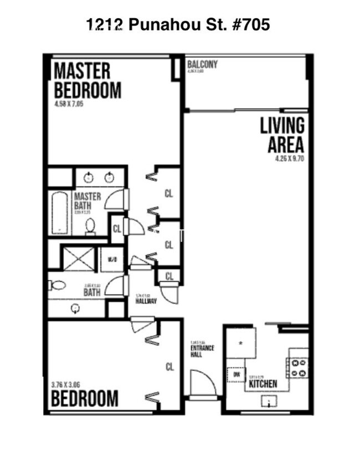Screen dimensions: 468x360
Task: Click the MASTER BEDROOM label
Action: point(87,80)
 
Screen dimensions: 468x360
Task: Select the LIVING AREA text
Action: point(282,135)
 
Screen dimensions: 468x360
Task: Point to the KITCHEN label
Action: point(263,383)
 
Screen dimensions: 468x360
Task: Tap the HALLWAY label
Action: point(146,301)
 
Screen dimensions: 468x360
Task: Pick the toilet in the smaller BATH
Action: point(57,285)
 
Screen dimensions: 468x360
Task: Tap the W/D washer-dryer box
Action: point(112,259)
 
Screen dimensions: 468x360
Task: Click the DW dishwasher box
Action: point(236,374)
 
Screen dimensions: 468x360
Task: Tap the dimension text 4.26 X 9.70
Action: point(290,158)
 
